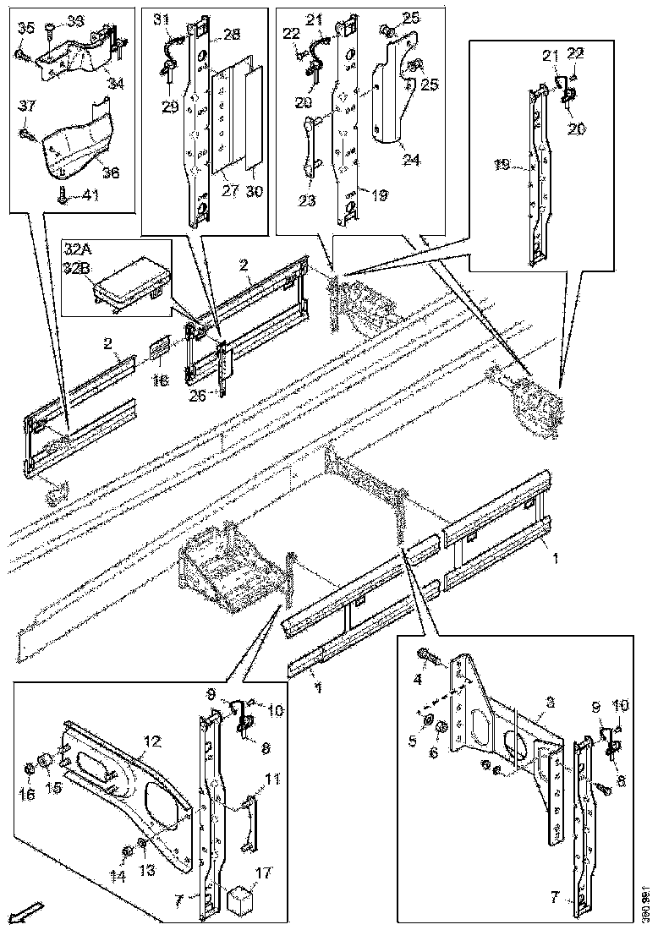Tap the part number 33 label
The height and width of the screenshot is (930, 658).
[x=75, y=19]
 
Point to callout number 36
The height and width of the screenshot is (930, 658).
[x=109, y=172]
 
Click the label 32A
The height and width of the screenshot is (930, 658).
[x=80, y=250]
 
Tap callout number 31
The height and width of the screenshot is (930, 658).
[x=161, y=19]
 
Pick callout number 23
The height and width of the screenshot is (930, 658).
[x=308, y=201]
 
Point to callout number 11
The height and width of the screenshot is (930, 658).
[x=272, y=779]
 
